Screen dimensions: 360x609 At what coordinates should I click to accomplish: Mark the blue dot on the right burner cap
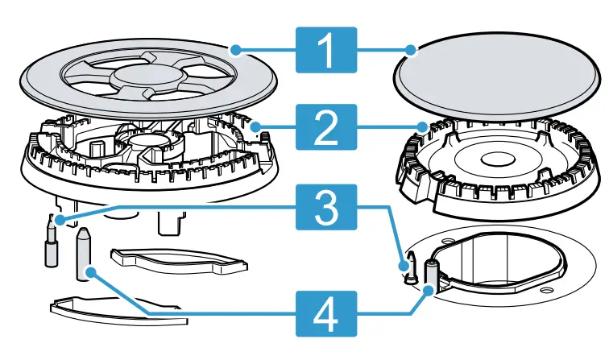click(x=412, y=50)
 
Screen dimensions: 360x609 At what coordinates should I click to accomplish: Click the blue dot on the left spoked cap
click(x=237, y=50)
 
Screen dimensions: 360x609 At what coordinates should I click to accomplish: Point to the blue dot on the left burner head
click(x=257, y=126)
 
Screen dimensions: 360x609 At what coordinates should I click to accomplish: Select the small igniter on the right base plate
click(x=410, y=269)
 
